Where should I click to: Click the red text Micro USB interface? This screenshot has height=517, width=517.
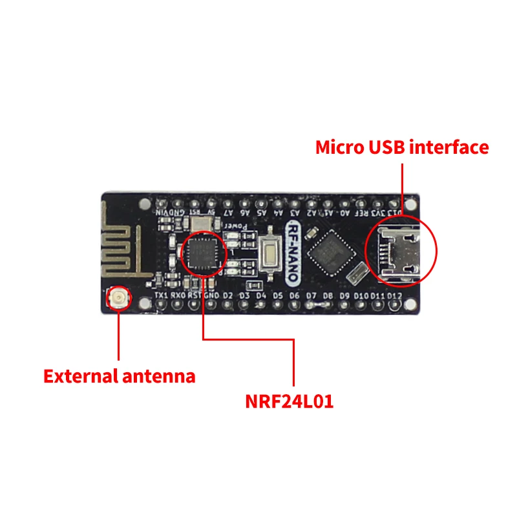pos(401,147)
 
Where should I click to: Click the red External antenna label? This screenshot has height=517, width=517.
pos(119,375)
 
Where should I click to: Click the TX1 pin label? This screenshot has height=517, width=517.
pos(160,296)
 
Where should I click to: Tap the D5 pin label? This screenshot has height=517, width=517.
pos(278,296)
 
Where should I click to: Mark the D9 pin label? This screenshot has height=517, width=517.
pos(344,296)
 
